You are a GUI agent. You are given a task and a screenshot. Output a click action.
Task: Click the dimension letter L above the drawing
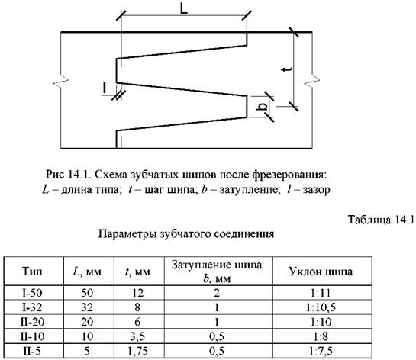pos(184,8)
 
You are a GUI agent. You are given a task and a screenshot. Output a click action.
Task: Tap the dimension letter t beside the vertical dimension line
pos(287,69)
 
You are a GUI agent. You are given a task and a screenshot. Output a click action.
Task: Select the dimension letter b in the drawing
pos(263,107)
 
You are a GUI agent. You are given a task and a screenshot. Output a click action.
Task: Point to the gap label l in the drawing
pos(105,88)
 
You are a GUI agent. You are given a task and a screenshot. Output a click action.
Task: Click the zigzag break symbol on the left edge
pos(61,82)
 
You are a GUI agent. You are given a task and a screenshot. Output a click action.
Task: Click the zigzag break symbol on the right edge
pos(312,80)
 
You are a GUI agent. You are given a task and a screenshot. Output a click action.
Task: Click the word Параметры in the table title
pos(127,235)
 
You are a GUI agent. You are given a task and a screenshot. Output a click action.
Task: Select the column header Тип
pos(32,272)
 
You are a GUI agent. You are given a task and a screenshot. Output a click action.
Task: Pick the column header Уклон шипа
pos(321,272)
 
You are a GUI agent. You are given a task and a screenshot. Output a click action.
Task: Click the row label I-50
pos(32,293)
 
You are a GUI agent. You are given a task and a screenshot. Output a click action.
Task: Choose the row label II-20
pos(32,322)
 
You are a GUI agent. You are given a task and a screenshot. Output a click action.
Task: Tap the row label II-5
pos(32,351)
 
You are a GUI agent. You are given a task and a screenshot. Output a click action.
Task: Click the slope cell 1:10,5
pos(321,307)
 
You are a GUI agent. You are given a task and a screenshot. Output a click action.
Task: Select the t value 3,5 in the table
pos(137,336)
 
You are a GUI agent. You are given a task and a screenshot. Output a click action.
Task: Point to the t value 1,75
pos(137,351)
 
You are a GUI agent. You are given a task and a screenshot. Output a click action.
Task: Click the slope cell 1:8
pos(321,336)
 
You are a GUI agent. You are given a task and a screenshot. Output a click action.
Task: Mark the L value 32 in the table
pos(87,307)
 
